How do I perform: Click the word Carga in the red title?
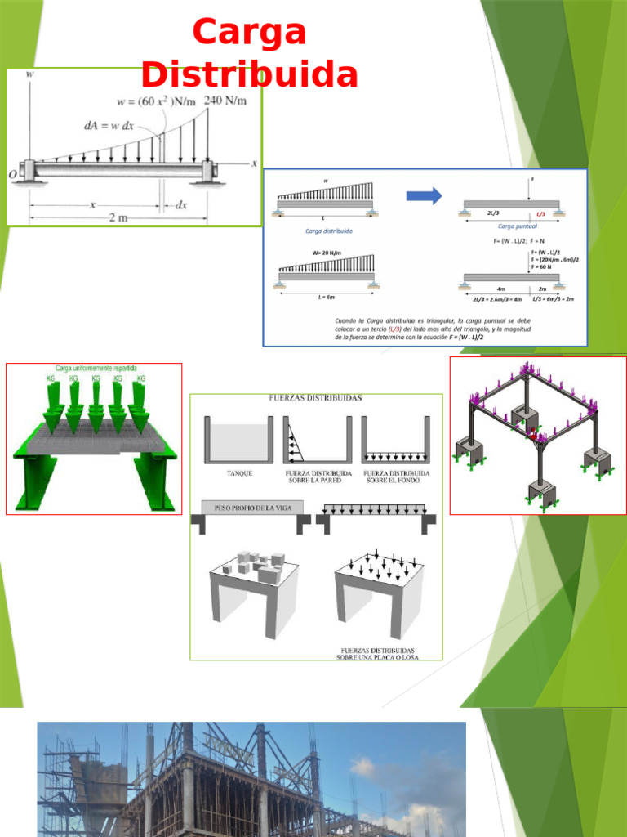[x=250, y=33]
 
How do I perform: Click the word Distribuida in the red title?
[x=250, y=74]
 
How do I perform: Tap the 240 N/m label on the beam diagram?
[x=225, y=100]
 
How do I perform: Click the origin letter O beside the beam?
[x=12, y=174]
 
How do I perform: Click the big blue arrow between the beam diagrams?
[x=424, y=195]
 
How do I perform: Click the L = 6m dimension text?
[x=326, y=298]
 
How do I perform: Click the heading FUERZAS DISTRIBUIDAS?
[x=316, y=398]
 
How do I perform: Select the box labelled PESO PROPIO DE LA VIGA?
[x=247, y=508]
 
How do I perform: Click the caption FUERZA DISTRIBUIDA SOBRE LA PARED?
[x=318, y=477]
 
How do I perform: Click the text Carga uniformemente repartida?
[x=96, y=369]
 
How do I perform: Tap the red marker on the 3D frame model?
[x=534, y=434]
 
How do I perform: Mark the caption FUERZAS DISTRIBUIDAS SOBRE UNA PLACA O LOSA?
[x=376, y=652]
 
